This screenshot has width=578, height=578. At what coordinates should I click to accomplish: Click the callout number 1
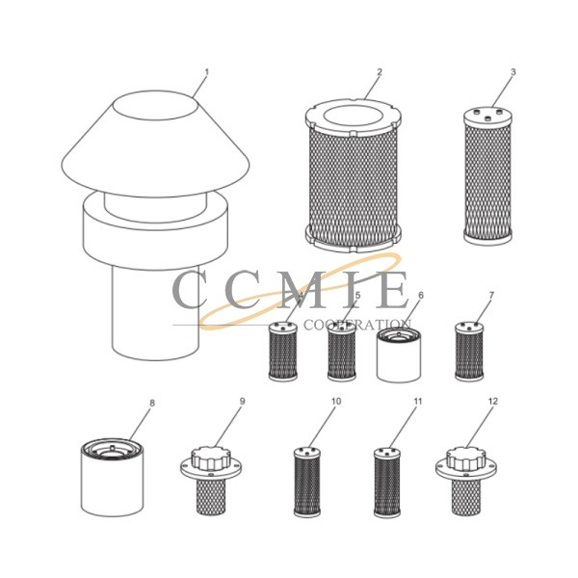click(206, 73)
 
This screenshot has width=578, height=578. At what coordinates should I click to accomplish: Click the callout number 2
click(380, 72)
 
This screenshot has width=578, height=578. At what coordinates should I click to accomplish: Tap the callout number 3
click(513, 72)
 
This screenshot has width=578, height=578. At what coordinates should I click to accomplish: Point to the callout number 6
click(421, 295)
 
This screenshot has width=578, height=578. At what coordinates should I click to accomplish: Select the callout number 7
click(491, 295)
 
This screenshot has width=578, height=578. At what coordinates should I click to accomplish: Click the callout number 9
click(243, 403)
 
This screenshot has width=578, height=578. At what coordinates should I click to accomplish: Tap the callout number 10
click(335, 403)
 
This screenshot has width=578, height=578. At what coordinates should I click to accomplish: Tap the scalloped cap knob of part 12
click(466, 459)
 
